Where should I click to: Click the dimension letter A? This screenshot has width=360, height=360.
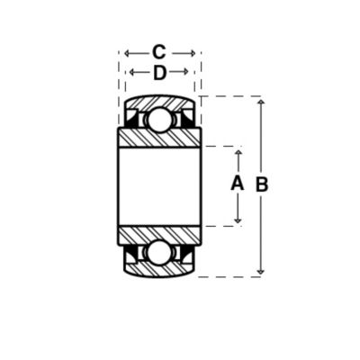237,184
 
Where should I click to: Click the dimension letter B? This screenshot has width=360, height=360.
262,184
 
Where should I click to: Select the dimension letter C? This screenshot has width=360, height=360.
158,52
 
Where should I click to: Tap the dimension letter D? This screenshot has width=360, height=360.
159,73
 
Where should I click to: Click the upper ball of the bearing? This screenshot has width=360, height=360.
158,120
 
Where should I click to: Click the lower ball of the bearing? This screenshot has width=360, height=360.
158,253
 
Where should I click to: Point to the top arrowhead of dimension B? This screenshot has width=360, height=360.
261,102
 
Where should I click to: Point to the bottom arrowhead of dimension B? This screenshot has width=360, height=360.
261,272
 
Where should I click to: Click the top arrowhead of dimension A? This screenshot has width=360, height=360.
238,152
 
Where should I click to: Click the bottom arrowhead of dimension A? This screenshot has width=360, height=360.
238,220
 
